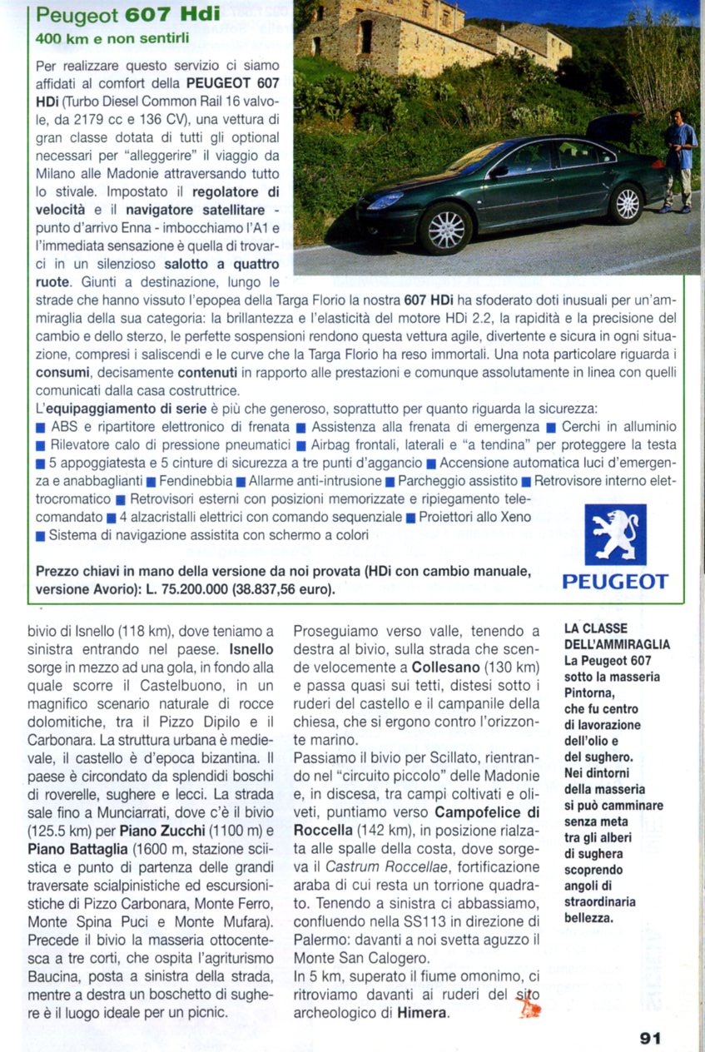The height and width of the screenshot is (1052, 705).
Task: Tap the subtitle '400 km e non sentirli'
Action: coord(112,37)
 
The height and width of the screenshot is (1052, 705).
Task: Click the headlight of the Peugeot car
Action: coord(385,201)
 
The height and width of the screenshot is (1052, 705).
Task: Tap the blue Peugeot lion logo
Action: coord(615,534)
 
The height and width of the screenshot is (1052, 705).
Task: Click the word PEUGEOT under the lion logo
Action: coord(615,582)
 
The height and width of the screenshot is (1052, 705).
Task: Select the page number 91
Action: coord(650,1038)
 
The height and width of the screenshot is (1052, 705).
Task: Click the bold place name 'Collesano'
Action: coord(444,667)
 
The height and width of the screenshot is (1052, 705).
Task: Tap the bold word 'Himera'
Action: coord(422,1013)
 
